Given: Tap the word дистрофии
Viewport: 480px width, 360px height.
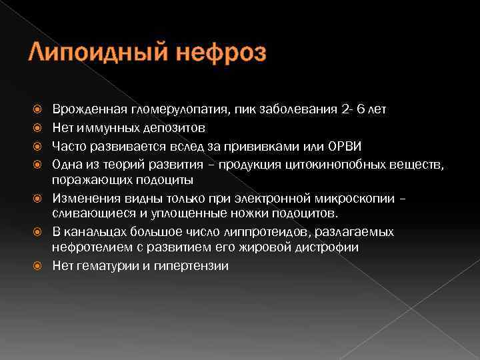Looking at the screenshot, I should click(327, 247).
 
